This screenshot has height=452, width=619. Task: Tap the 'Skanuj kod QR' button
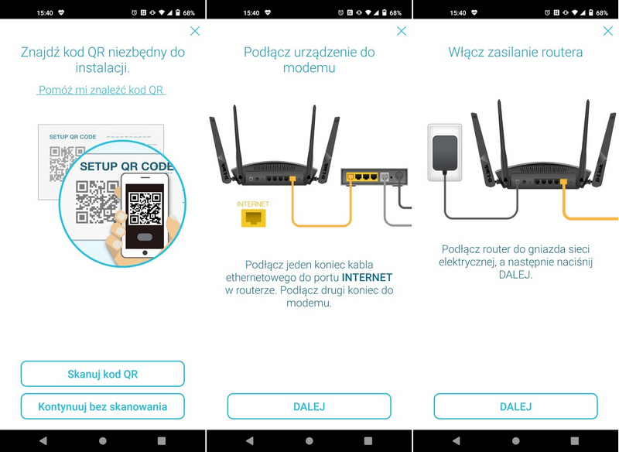pos(102,374)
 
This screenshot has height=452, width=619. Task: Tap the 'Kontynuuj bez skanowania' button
pos(102,406)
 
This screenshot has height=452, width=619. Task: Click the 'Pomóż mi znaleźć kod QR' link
pos(101,90)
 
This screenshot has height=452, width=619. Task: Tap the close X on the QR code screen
pos(195,31)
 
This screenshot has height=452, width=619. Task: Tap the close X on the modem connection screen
pos(402,31)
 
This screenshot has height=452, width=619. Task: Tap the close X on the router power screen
pos(608,31)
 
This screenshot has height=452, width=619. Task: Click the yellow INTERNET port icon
pos(253,217)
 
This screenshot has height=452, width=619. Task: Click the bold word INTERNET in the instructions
pos(367,277)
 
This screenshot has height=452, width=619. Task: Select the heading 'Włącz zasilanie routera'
pos(515,53)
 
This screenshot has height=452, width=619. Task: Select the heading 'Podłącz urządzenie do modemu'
pos(309,60)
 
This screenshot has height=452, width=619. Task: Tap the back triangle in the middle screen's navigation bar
pos(249,440)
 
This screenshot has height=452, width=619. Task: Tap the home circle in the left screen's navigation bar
pos(103,440)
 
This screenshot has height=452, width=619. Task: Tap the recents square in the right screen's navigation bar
pos(576,440)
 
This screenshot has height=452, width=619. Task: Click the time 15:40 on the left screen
pos(45,13)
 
